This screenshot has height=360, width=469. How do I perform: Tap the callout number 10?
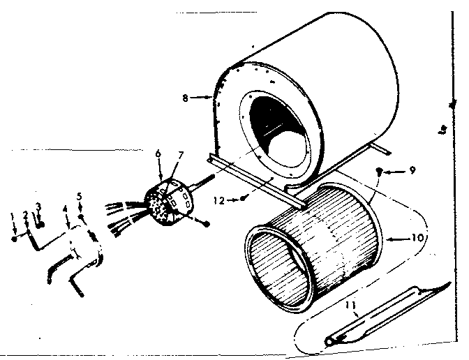coord(417,238)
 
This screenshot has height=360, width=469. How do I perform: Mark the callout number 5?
coord(80,197)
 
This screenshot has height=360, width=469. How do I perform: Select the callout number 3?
coord(38,207)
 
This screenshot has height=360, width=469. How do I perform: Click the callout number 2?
coord(26,214)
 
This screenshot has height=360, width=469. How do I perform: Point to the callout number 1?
coord(14,217)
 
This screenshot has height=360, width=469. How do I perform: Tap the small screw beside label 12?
coord(241,198)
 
